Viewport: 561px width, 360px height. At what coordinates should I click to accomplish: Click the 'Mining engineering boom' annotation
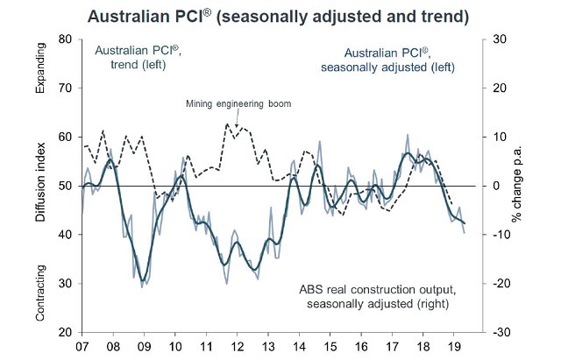pyautogui.click(x=238, y=104)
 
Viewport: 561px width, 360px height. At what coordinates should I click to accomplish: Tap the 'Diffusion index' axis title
pyautogui.click(x=41, y=187)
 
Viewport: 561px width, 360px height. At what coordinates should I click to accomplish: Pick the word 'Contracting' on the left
pyautogui.click(x=41, y=297)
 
